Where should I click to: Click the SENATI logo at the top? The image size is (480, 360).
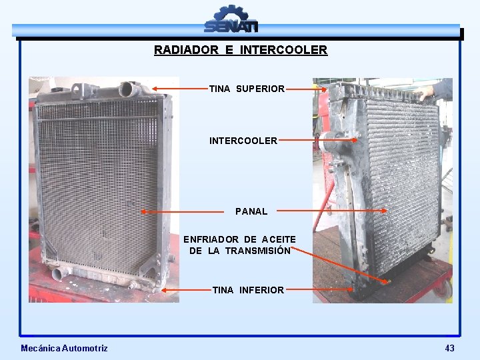[231, 19]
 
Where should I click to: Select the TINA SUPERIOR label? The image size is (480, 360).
[247, 89]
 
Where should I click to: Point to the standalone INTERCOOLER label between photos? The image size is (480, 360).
[243, 141]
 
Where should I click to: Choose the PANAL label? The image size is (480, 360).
[251, 211]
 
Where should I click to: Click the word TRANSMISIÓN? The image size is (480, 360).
[257, 251]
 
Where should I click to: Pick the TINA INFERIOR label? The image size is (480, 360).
[248, 290]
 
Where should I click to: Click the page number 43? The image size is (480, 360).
[449, 348]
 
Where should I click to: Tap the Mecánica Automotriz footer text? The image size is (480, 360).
[64, 348]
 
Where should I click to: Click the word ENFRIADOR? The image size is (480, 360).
[211, 239]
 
